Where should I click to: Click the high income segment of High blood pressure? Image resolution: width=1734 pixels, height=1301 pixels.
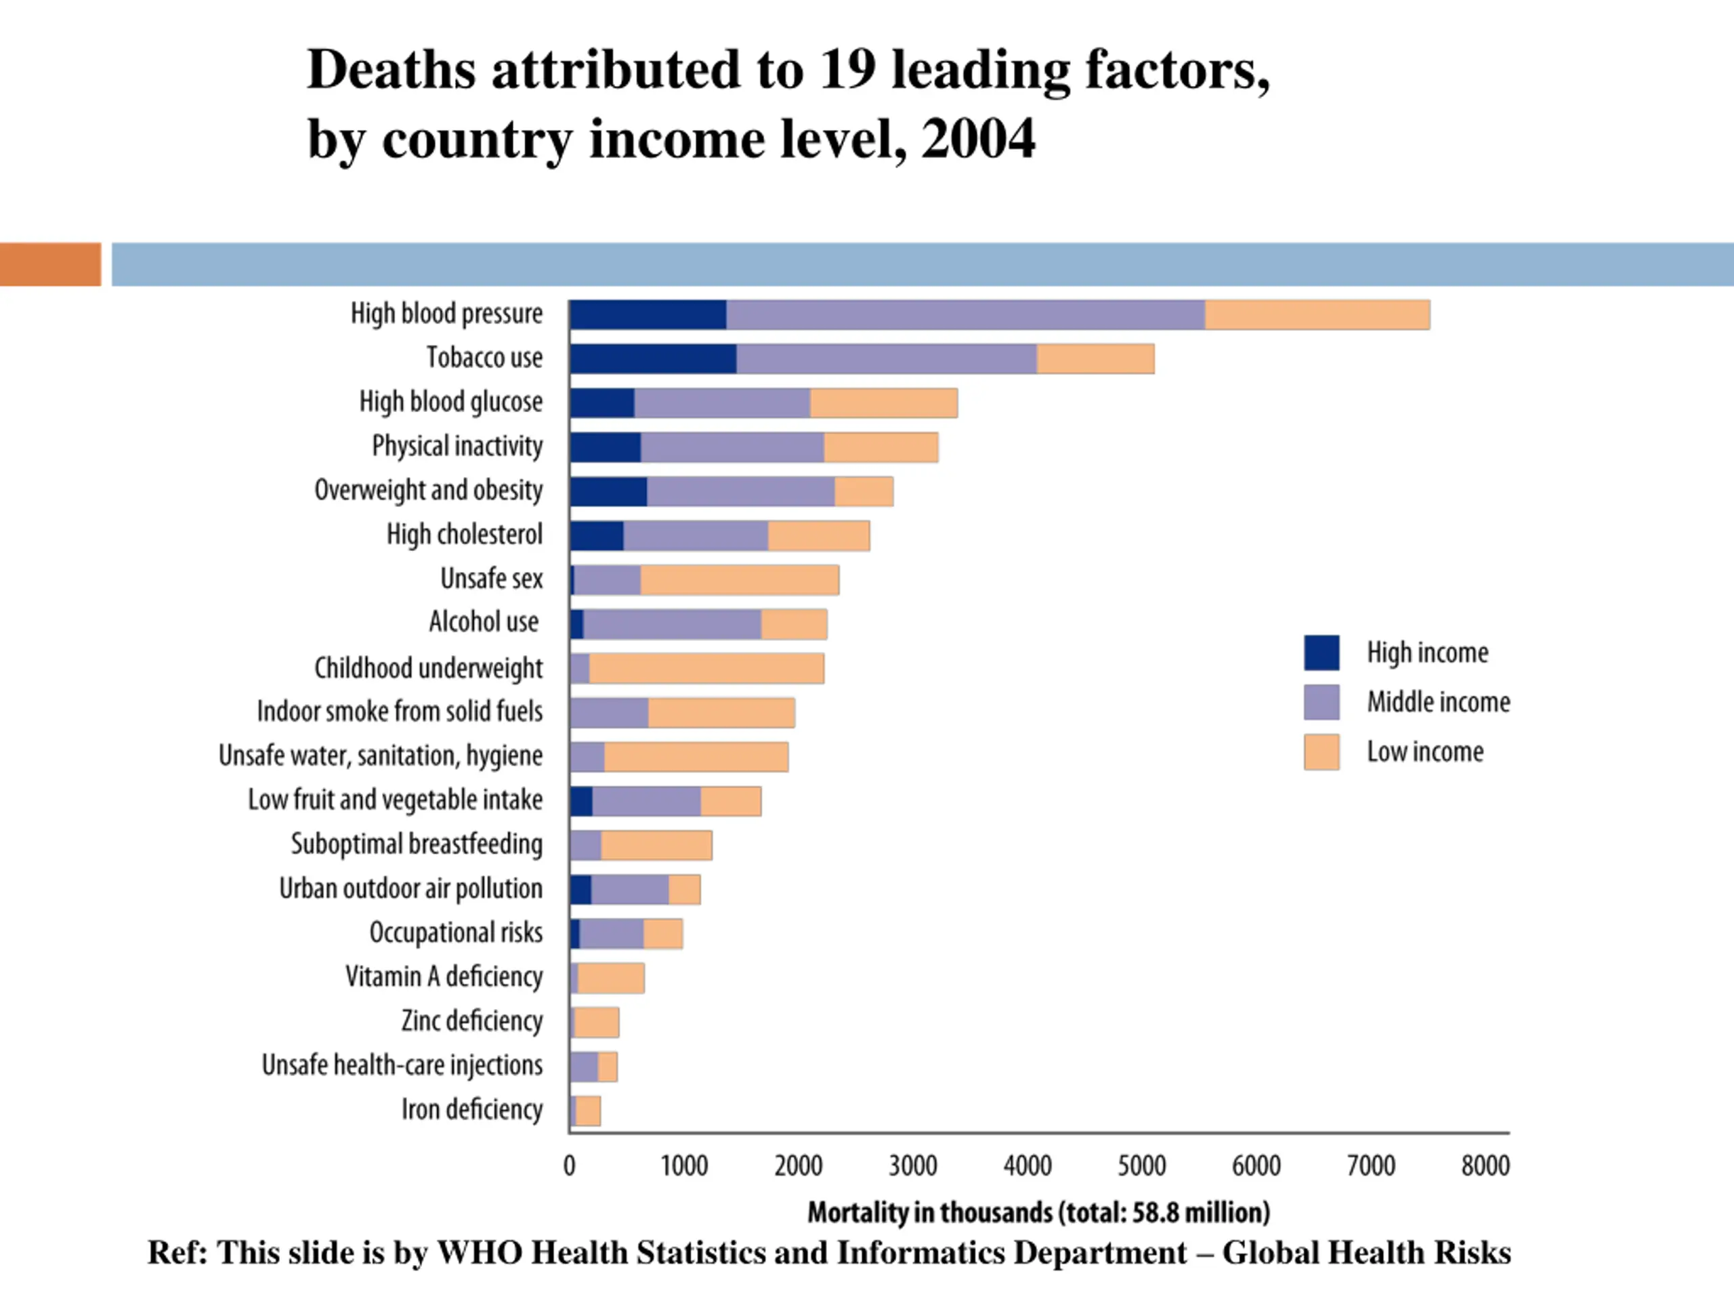pyautogui.click(x=648, y=314)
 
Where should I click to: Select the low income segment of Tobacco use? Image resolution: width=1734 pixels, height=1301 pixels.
pyautogui.click(x=1095, y=358)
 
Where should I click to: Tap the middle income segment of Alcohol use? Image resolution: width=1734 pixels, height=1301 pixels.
pyautogui.click(x=672, y=624)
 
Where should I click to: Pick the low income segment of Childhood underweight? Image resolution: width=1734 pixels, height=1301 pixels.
pyautogui.click(x=706, y=668)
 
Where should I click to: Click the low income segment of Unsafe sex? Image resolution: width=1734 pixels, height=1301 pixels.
pyautogui.click(x=739, y=579)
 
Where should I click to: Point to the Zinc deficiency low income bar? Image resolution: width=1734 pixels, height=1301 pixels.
pyautogui.click(x=597, y=1022)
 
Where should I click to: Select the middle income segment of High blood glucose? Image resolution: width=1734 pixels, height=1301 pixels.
pyautogui.click(x=722, y=403)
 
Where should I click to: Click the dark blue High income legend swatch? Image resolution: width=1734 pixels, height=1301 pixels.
pyautogui.click(x=1321, y=653)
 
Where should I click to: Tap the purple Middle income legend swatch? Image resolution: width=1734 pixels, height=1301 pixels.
pyautogui.click(x=1321, y=702)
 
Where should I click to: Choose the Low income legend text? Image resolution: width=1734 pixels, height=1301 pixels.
pyautogui.click(x=1424, y=751)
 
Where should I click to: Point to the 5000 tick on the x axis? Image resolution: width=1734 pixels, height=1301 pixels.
pyautogui.click(x=1141, y=1165)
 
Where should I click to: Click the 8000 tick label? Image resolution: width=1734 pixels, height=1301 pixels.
pyautogui.click(x=1485, y=1165)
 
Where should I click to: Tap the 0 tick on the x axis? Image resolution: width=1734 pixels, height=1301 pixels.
pyautogui.click(x=570, y=1165)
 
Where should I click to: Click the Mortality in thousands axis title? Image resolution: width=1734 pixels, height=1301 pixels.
pyautogui.click(x=1038, y=1212)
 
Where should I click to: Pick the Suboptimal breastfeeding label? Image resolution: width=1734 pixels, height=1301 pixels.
pyautogui.click(x=417, y=844)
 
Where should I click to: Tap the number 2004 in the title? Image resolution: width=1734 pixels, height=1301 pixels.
pyautogui.click(x=977, y=139)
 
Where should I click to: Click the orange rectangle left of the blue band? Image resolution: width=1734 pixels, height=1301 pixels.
pyautogui.click(x=50, y=264)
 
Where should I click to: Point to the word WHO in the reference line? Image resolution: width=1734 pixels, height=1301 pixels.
pyautogui.click(x=479, y=1252)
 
